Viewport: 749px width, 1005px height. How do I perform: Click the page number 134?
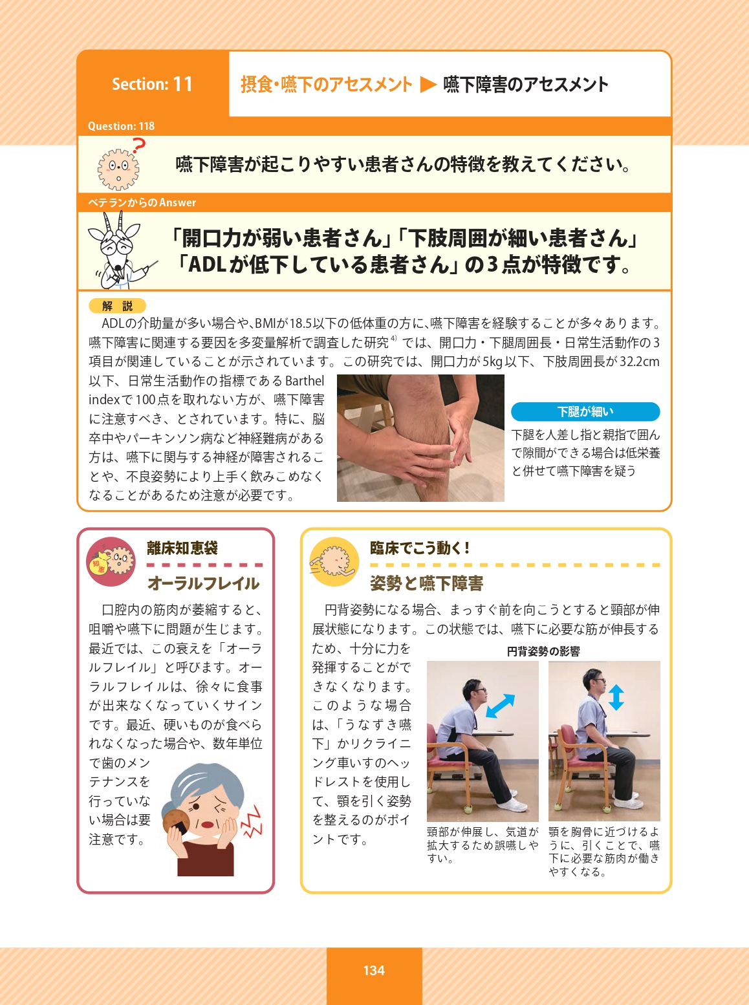[374, 970]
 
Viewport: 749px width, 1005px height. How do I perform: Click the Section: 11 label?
[153, 84]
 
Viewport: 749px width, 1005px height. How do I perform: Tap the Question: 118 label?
[121, 126]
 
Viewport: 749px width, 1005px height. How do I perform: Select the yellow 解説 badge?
[118, 306]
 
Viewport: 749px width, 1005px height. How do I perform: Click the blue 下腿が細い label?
[585, 411]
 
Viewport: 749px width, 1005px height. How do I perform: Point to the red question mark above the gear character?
[138, 146]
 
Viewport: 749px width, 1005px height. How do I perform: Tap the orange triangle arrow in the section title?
[428, 84]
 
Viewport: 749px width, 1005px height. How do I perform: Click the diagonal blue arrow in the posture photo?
[500, 706]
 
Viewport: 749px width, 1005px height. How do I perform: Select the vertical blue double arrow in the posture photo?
[616, 697]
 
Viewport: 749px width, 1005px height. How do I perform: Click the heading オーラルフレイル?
[204, 583]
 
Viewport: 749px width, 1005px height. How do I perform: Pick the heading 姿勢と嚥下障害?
[427, 583]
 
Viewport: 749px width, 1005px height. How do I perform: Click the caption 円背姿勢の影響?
[543, 652]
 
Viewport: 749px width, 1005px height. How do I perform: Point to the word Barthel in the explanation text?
[304, 381]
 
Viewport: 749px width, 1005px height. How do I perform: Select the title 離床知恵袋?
[182, 548]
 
